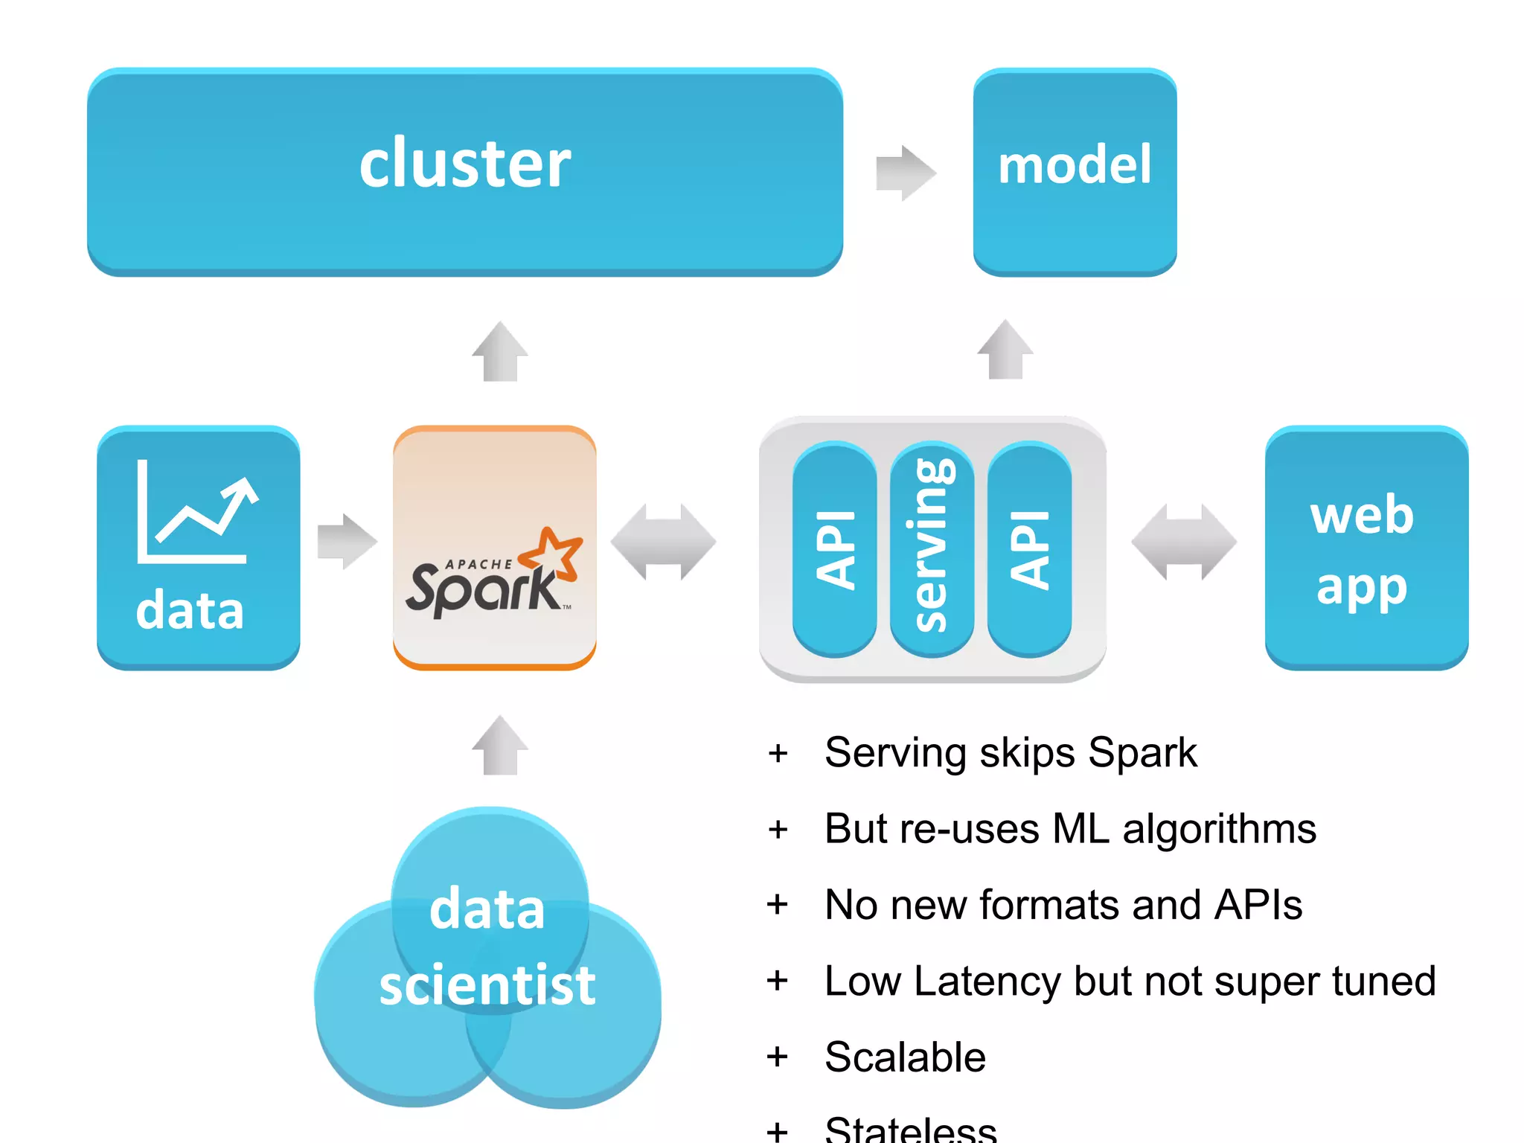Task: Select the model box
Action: click(1075, 171)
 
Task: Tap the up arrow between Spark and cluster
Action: click(500, 352)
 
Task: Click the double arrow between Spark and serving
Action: click(663, 542)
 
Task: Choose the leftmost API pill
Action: click(834, 549)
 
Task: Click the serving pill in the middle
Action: click(931, 549)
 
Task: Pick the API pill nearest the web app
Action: click(1029, 549)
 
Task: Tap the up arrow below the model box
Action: click(1005, 350)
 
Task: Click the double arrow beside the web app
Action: click(1184, 542)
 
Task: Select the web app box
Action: click(1366, 548)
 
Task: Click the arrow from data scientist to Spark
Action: click(500, 746)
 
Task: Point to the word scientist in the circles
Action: click(487, 985)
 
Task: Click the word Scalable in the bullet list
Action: click(905, 1057)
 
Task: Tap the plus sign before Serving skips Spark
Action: click(778, 753)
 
